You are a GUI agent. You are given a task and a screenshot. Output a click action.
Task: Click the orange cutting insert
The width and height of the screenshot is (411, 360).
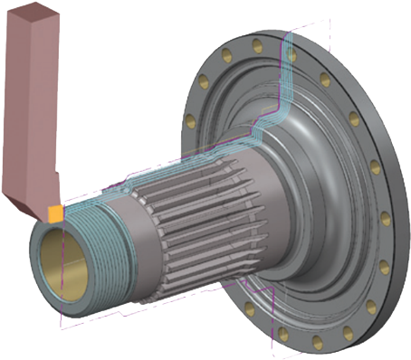pyautogui.click(x=56, y=213)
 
